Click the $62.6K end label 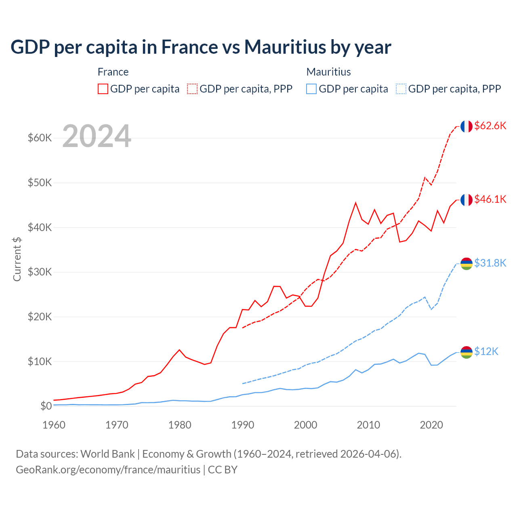pyautogui.click(x=490, y=126)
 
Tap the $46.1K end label pyautogui.click(x=490, y=199)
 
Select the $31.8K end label pyautogui.click(x=490, y=263)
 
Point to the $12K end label pyautogui.click(x=486, y=352)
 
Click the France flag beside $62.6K pyautogui.click(x=467, y=126)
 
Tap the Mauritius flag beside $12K pyautogui.click(x=467, y=352)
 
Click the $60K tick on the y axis pyautogui.click(x=40, y=138)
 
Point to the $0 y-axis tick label pyautogui.click(x=46, y=406)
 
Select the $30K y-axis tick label pyautogui.click(x=40, y=272)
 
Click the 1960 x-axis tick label pyautogui.click(x=54, y=425)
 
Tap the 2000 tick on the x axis pyautogui.click(x=305, y=425)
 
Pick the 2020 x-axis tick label pyautogui.click(x=431, y=425)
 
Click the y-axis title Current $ pyautogui.click(x=17, y=259)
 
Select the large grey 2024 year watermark pyautogui.click(x=97, y=137)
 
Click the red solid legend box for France pyautogui.click(x=103, y=89)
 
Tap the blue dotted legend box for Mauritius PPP pyautogui.click(x=401, y=89)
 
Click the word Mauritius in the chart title pyautogui.click(x=284, y=47)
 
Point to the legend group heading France pyautogui.click(x=113, y=72)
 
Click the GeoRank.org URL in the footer pyautogui.click(x=108, y=470)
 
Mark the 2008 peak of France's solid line pyautogui.click(x=355, y=203)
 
